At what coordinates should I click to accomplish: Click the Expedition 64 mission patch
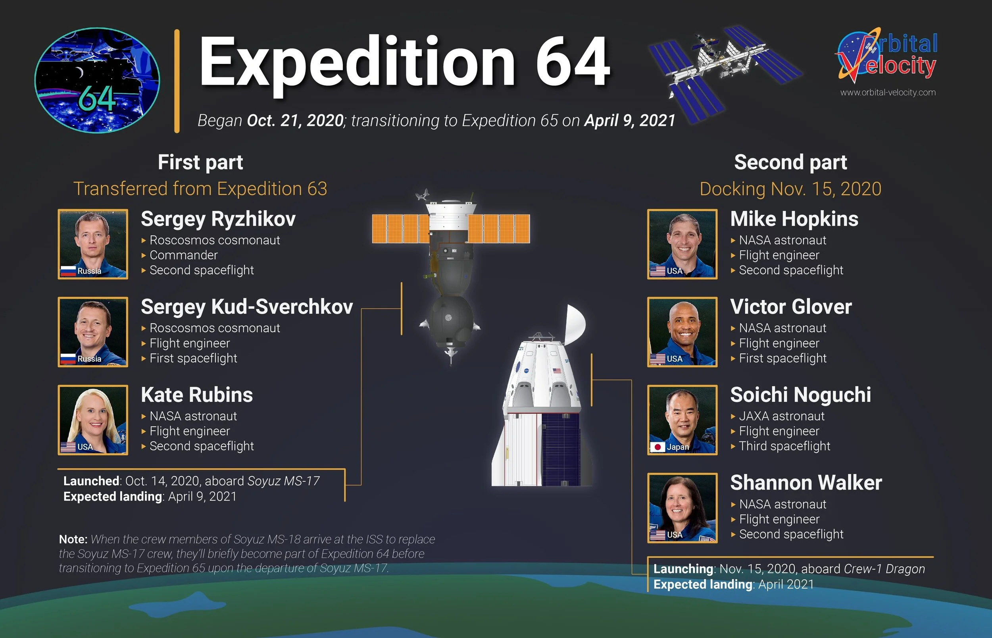click(x=97, y=80)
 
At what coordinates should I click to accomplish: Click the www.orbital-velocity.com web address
click(x=888, y=93)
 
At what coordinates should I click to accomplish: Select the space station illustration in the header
click(x=725, y=70)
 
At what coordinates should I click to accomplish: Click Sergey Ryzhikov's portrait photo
click(x=93, y=244)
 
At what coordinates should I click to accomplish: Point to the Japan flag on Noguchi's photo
click(x=657, y=447)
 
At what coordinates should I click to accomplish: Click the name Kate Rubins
click(x=197, y=395)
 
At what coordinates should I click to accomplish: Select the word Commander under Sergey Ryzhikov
click(x=183, y=255)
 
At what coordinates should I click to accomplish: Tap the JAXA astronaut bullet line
click(x=781, y=416)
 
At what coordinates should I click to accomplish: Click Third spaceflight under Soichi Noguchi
click(x=784, y=446)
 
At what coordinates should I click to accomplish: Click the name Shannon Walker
click(x=806, y=483)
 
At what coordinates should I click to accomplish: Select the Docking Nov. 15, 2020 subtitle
click(x=790, y=189)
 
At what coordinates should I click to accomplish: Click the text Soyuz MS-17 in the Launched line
click(x=283, y=481)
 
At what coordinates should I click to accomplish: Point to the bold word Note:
click(x=73, y=540)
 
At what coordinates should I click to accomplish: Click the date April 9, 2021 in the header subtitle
click(x=629, y=121)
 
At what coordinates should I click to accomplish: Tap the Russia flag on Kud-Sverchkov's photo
click(x=68, y=359)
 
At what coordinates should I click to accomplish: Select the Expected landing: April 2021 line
click(x=733, y=584)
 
